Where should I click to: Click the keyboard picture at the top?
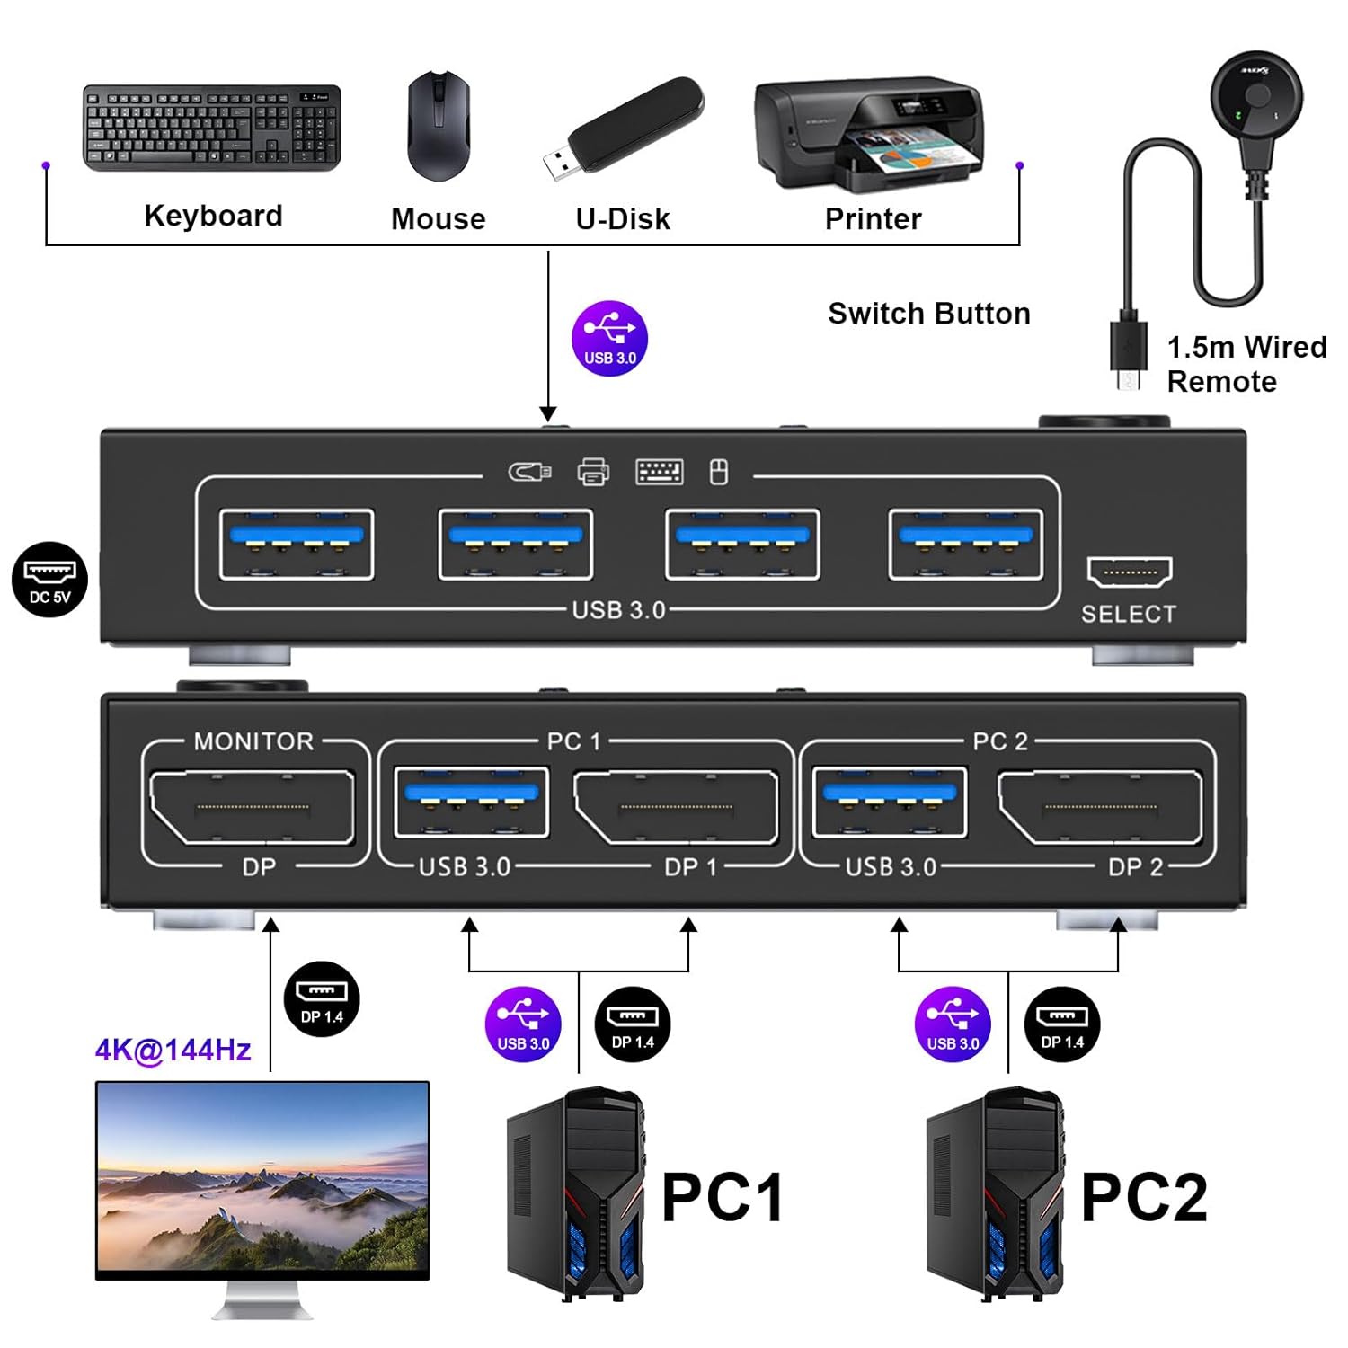tap(212, 128)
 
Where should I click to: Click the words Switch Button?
tap(928, 314)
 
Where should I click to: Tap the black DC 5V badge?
tap(49, 580)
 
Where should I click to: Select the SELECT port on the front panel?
tap(1130, 572)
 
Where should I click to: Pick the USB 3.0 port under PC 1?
tap(472, 803)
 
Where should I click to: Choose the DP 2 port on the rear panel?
tap(1100, 807)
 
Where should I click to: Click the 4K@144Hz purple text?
tap(173, 1050)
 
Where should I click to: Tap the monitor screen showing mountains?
tap(262, 1180)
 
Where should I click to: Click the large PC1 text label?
tap(723, 1197)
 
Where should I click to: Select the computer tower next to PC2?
tap(996, 1194)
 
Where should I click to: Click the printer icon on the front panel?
tap(593, 472)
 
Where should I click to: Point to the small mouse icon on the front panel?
tap(719, 472)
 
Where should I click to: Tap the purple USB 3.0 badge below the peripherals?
tap(609, 339)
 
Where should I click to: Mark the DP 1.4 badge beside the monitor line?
tap(322, 999)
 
